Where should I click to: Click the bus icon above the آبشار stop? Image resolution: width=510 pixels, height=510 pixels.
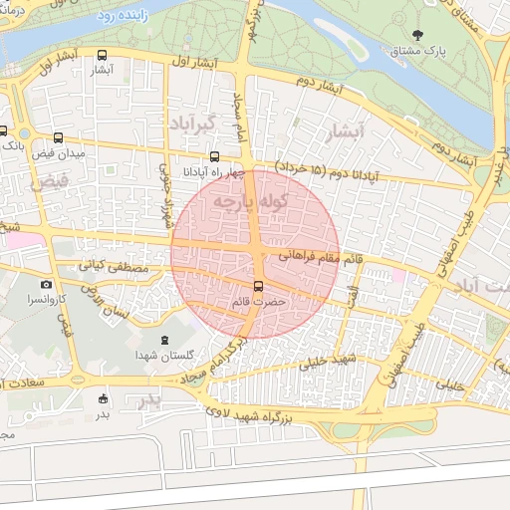[104, 56]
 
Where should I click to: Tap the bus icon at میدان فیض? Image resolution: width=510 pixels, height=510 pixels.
[58, 138]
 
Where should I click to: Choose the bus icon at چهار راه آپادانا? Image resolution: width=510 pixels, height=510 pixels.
[215, 156]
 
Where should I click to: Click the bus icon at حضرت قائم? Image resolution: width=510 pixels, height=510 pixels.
[259, 286]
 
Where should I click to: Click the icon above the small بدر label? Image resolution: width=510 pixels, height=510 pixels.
[103, 399]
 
